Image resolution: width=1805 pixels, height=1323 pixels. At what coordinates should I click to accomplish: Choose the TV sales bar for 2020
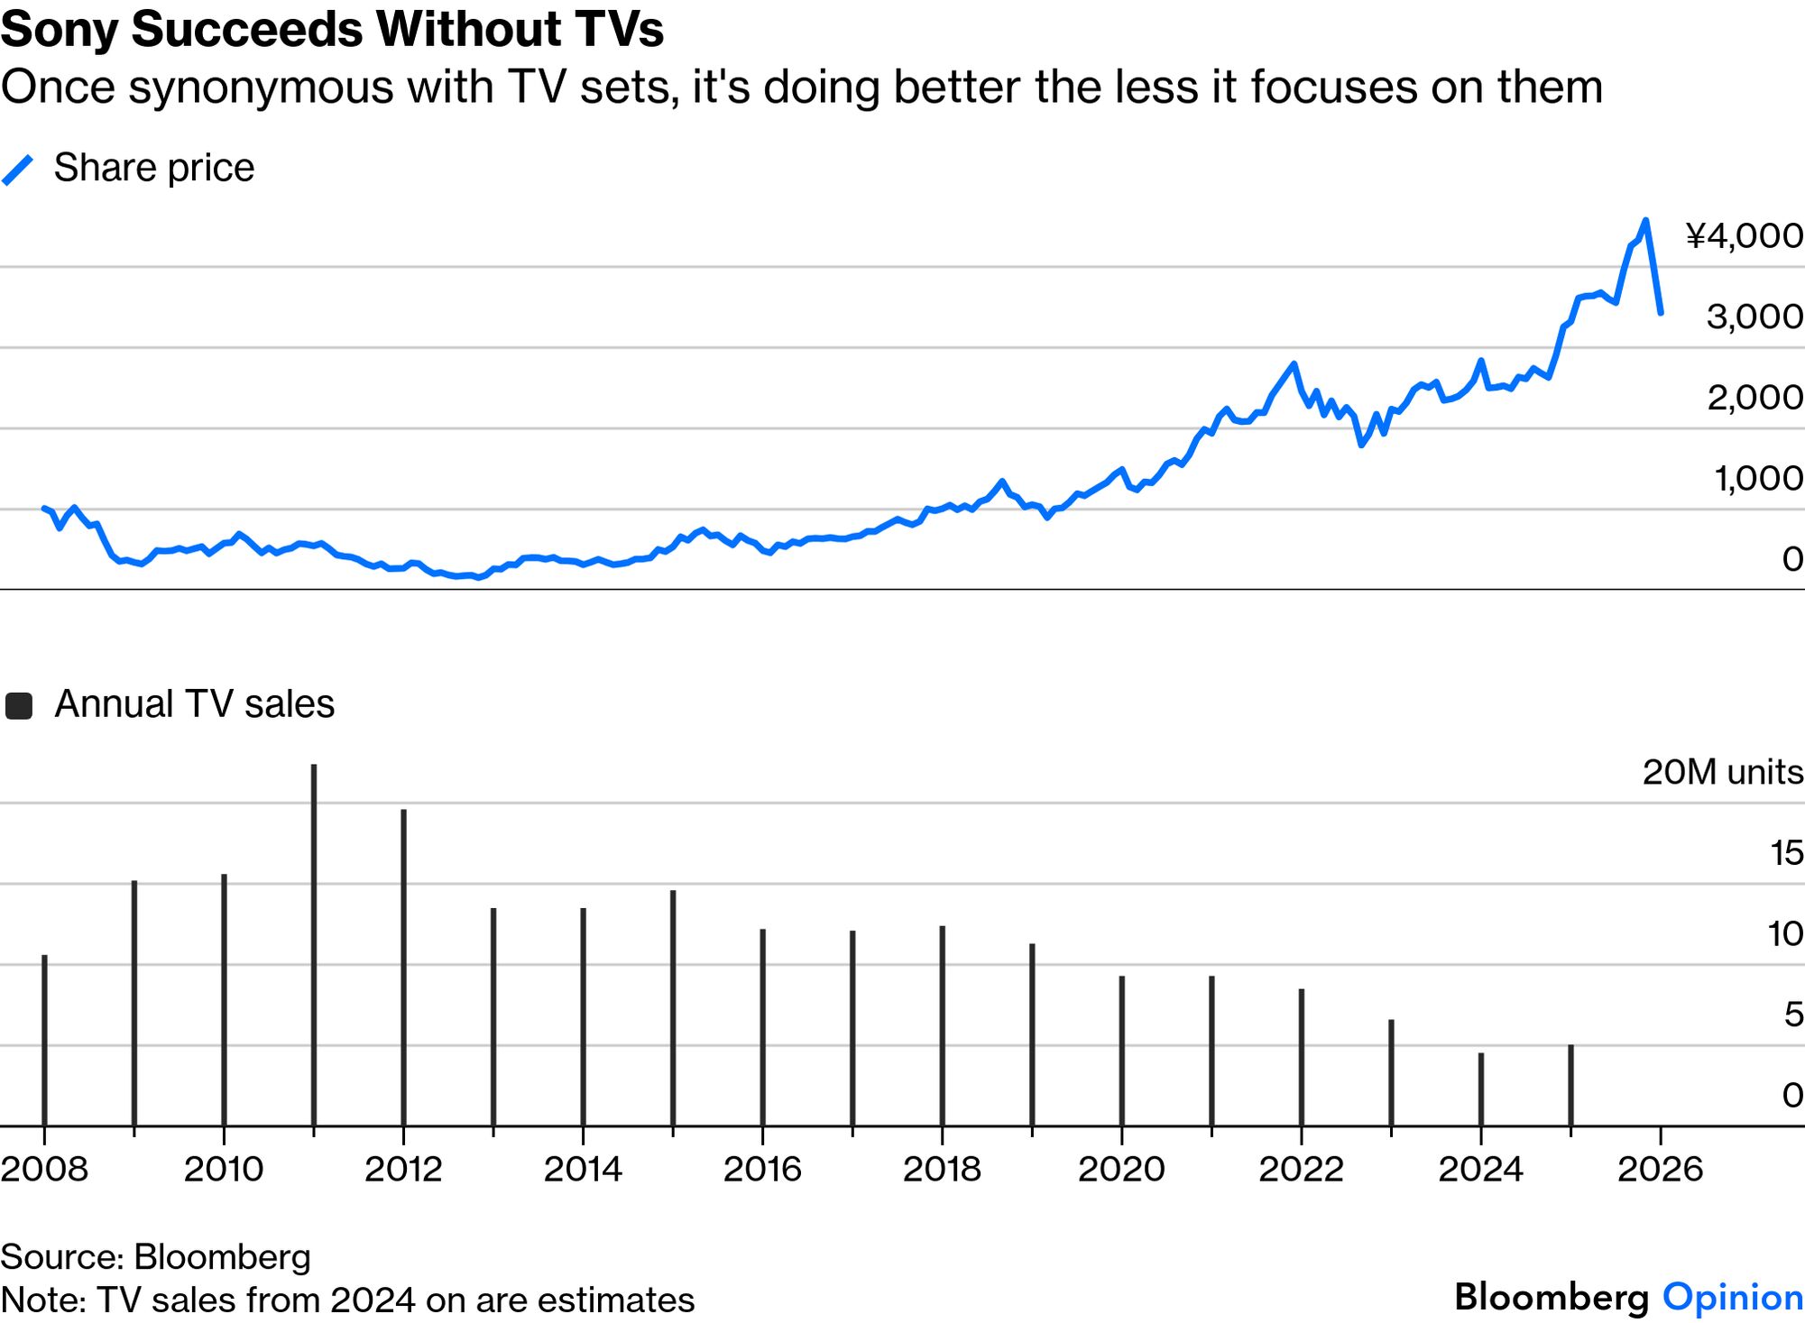(x=1122, y=1051)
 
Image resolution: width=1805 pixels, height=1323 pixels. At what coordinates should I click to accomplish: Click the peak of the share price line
(x=1645, y=221)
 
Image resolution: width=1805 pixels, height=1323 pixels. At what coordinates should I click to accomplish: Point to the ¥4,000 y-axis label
(x=1745, y=236)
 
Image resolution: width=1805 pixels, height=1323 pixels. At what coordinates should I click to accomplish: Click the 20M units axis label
(x=1722, y=773)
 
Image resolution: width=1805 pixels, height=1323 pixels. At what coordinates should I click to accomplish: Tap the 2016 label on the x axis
(x=762, y=1170)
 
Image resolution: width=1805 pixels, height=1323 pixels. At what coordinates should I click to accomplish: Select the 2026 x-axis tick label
(x=1660, y=1170)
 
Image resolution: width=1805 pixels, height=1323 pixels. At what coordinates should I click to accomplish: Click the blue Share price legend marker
(x=18, y=170)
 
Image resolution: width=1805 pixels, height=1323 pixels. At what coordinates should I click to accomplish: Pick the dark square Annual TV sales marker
(x=19, y=706)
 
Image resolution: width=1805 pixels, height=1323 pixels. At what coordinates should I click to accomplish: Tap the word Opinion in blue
(x=1733, y=1298)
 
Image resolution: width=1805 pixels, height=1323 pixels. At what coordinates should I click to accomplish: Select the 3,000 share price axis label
(x=1754, y=317)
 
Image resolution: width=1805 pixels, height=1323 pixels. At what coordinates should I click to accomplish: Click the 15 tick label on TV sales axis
(x=1786, y=853)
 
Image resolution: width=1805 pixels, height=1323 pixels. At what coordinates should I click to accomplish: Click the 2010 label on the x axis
(x=224, y=1170)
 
